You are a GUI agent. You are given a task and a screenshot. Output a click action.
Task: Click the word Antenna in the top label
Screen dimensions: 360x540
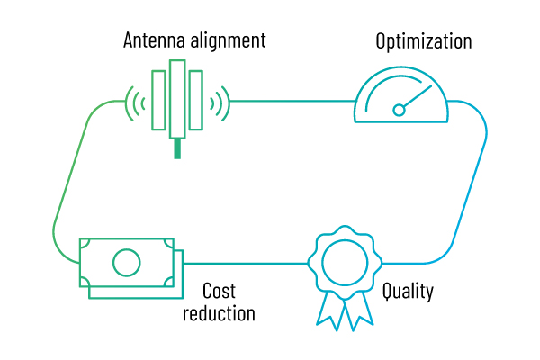point(153,40)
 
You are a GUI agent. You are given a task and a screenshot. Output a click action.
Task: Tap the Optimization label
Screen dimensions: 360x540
point(424,41)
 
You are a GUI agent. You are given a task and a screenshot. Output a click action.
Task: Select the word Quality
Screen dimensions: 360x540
point(408,292)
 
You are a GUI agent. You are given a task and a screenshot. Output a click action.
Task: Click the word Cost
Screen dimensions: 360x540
point(219,292)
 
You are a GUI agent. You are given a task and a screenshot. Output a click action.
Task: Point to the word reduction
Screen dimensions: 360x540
point(219,313)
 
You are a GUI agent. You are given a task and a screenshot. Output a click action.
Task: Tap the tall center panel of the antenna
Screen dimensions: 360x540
point(177,99)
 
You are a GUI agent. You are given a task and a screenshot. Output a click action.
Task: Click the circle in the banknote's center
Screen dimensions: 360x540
point(126,263)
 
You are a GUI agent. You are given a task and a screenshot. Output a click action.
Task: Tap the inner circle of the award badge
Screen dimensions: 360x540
point(345,263)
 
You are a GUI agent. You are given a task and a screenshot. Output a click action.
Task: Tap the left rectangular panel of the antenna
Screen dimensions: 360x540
point(159,100)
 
